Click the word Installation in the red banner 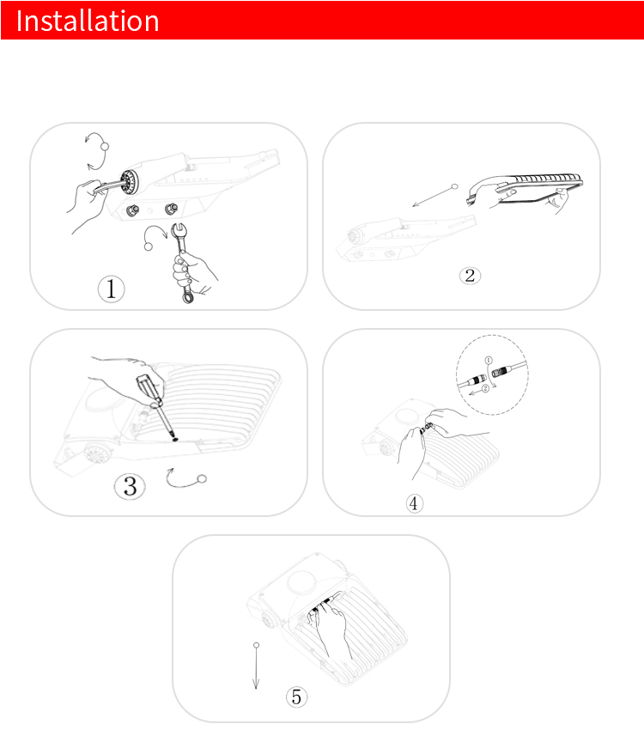88,21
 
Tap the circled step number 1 112,289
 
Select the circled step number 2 470,275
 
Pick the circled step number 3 130,486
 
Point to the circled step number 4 414,503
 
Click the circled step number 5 296,696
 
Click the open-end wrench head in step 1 179,230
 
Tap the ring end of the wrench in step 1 187,296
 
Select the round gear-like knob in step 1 128,182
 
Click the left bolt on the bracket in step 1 132,210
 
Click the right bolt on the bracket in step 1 171,209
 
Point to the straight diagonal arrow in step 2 434,196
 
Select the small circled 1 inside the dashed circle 489,360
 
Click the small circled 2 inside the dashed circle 485,387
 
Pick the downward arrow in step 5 256,666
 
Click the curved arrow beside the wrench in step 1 155,234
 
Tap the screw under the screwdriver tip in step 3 175,440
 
